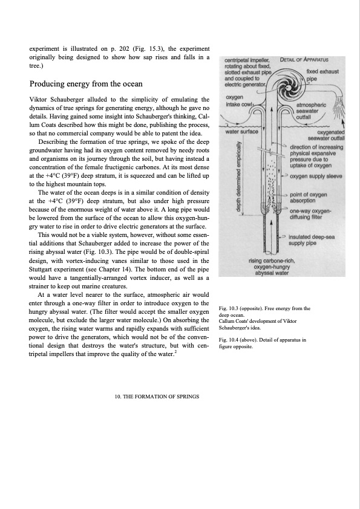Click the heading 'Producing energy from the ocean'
[x=86, y=84]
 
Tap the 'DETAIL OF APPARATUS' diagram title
[x=304, y=60]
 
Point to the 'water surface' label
[x=242, y=131]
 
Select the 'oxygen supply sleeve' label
[x=316, y=177]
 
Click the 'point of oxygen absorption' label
[x=309, y=197]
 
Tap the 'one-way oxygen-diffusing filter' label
[x=310, y=214]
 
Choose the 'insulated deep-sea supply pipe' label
[x=312, y=240]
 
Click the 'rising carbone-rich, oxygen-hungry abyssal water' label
[x=272, y=267]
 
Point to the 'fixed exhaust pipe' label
[x=322, y=75]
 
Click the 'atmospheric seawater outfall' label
[x=311, y=111]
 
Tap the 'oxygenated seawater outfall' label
[x=326, y=135]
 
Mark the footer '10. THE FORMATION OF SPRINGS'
[x=157, y=397]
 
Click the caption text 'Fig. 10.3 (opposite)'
[x=238, y=308]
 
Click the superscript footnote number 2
[x=176, y=351]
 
